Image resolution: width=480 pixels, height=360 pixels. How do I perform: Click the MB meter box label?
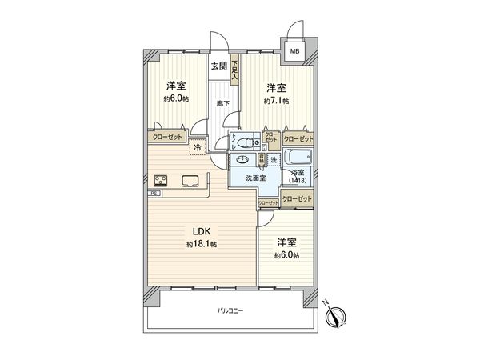(x=294, y=51)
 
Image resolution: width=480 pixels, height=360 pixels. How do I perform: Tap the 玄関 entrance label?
(x=219, y=66)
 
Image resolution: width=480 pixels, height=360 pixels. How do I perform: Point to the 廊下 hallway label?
(x=222, y=103)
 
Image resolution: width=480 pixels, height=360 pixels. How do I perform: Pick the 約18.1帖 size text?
(x=202, y=244)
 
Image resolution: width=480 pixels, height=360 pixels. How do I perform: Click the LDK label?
(x=200, y=231)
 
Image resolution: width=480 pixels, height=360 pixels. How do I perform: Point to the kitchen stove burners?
(x=160, y=180)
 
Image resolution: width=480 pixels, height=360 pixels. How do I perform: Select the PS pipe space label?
(x=152, y=193)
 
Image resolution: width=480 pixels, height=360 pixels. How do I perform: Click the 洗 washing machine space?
(x=274, y=162)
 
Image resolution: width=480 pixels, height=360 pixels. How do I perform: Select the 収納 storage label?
(x=261, y=160)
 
